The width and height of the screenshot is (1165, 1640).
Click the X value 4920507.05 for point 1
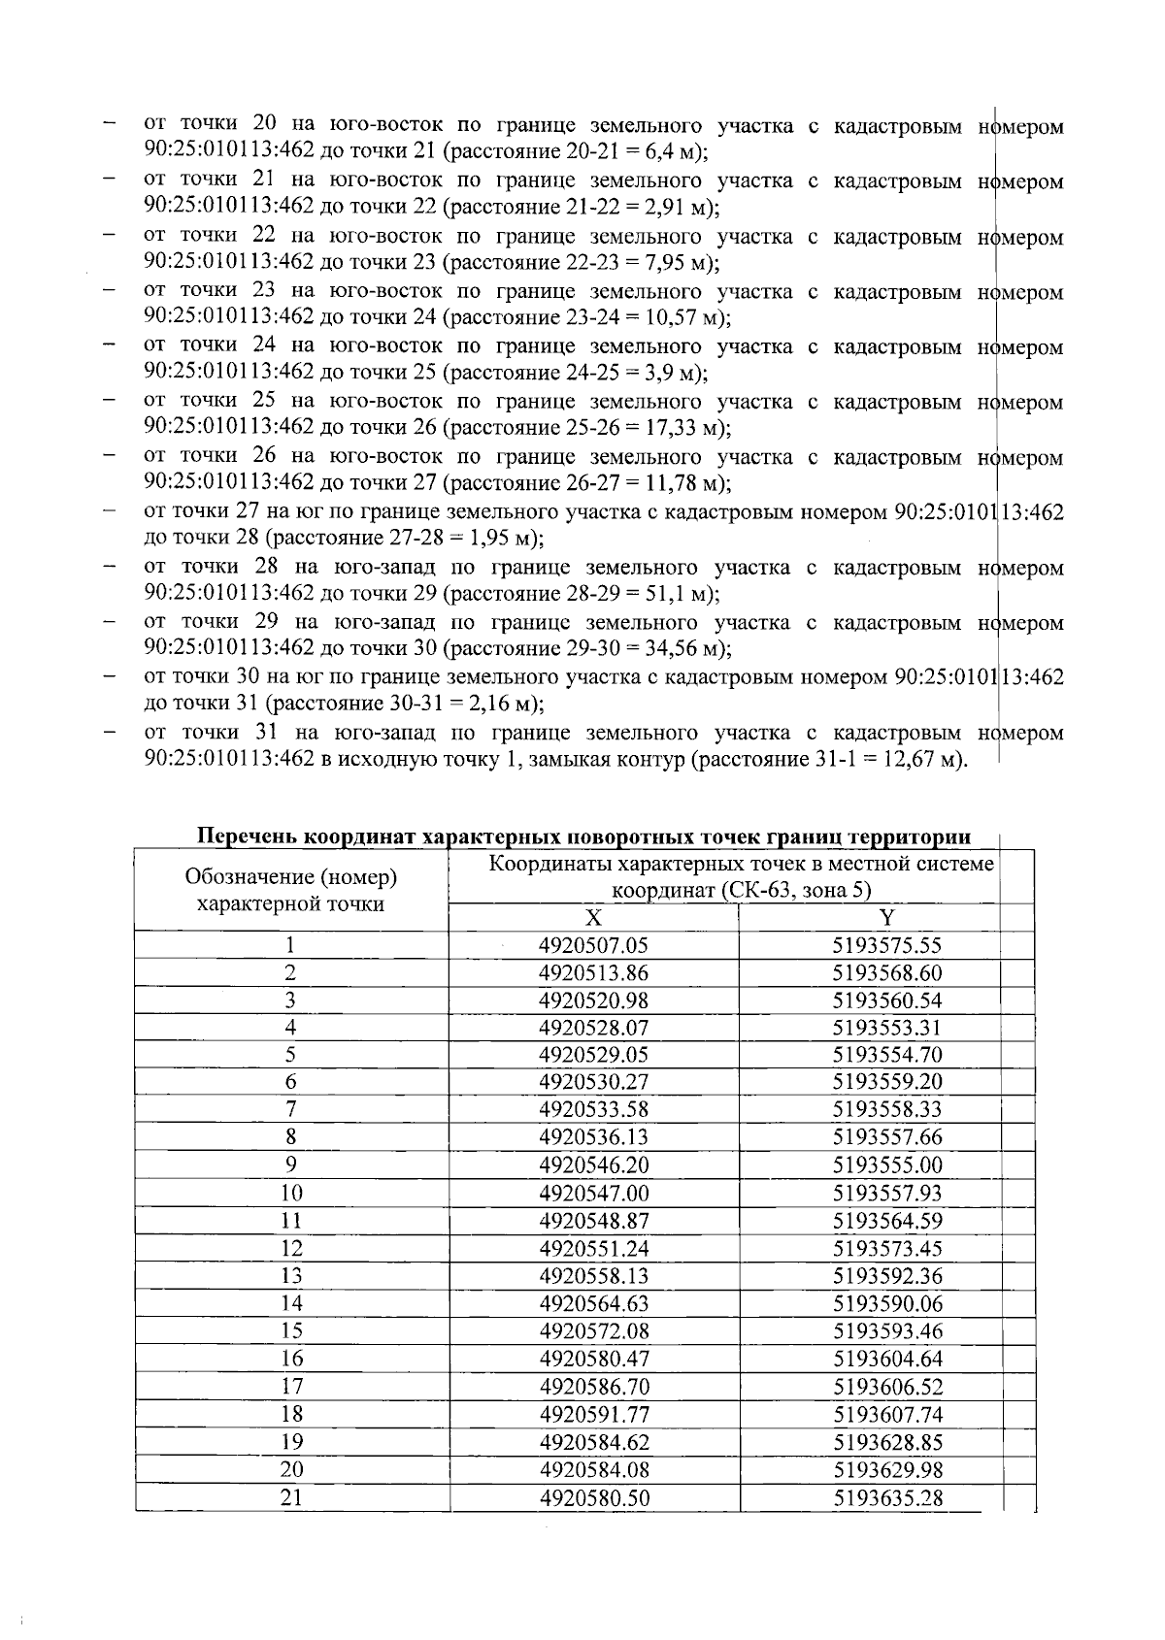coord(593,946)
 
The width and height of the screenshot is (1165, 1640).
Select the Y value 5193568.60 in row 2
coord(887,973)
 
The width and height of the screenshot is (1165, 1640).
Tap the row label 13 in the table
coord(291,1276)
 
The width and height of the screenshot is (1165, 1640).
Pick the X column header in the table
coord(593,919)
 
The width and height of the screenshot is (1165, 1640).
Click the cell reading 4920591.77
coord(593,1415)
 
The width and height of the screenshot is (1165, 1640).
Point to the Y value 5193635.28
coord(887,1498)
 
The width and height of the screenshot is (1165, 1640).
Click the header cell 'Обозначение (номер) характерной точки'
coord(290,891)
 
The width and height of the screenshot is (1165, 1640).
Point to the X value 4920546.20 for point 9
coord(593,1165)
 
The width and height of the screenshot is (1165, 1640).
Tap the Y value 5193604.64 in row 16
coord(887,1360)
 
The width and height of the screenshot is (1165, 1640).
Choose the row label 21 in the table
coord(291,1498)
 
